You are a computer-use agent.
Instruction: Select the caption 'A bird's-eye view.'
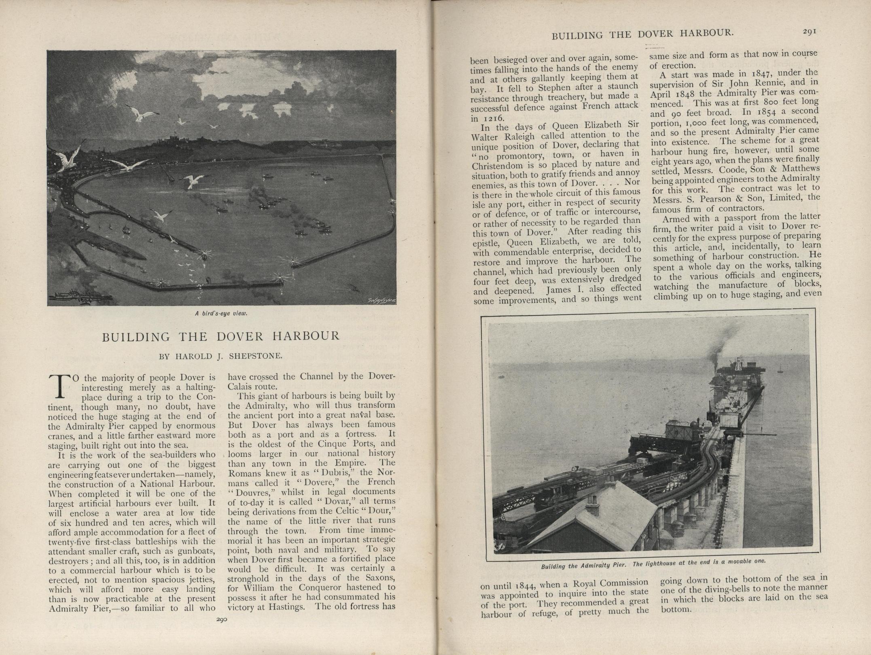(221, 313)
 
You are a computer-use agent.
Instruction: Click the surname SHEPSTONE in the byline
(256, 356)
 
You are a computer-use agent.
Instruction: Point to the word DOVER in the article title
(239, 336)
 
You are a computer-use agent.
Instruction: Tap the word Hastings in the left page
(291, 606)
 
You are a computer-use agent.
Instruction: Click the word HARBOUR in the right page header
(706, 33)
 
